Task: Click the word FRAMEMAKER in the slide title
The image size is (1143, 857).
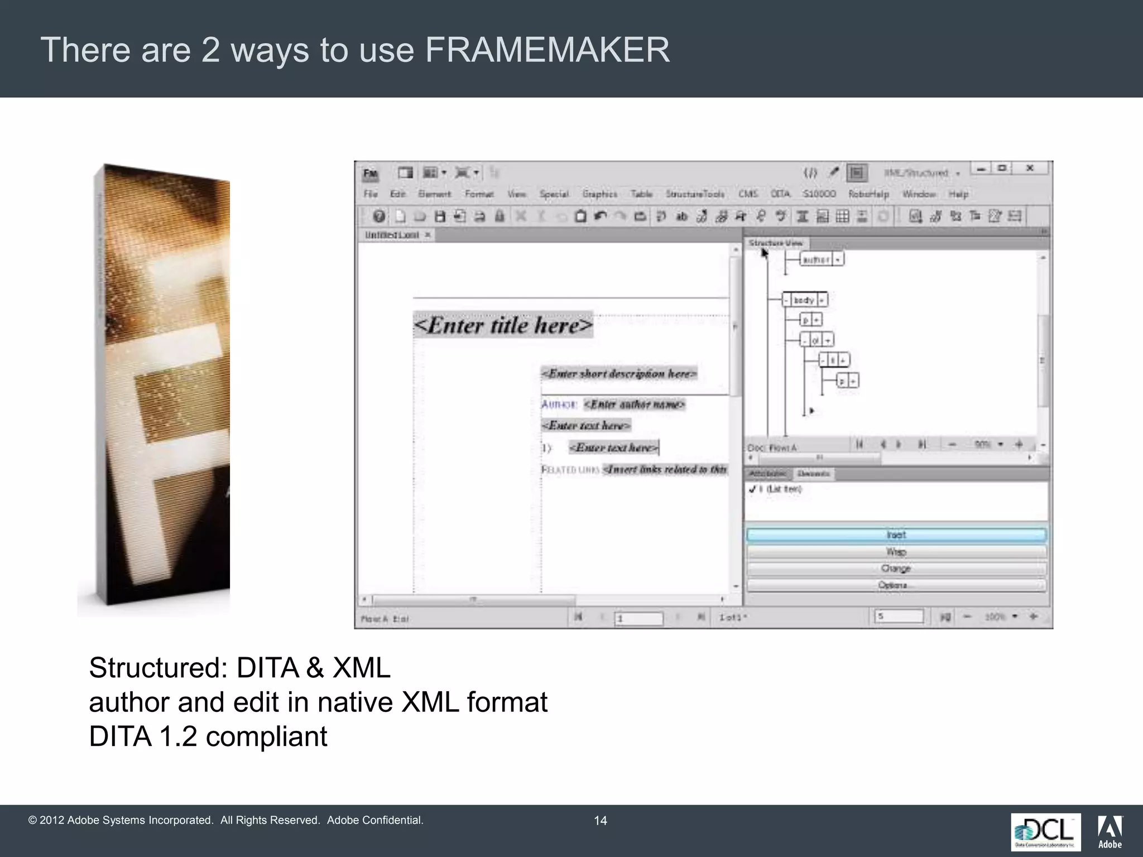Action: pyautogui.click(x=547, y=50)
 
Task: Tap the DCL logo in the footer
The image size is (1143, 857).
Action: pyautogui.click(x=1045, y=831)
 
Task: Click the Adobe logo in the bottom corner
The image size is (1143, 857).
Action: pyautogui.click(x=1110, y=831)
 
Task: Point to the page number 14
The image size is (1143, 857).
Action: pyautogui.click(x=600, y=820)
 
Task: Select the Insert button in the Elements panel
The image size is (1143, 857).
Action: pyautogui.click(x=896, y=535)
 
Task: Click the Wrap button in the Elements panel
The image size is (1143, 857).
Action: pyautogui.click(x=896, y=552)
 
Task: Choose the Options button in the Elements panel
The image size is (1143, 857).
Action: pyautogui.click(x=896, y=585)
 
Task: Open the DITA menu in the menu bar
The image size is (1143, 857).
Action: pyautogui.click(x=780, y=194)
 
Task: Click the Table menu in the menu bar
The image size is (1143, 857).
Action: pyautogui.click(x=641, y=194)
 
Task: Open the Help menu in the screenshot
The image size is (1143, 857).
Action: pyautogui.click(x=958, y=194)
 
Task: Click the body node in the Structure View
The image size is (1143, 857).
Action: pyautogui.click(x=804, y=300)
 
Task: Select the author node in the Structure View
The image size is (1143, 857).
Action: pyautogui.click(x=816, y=259)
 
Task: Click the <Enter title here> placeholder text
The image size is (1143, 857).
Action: pyautogui.click(x=503, y=325)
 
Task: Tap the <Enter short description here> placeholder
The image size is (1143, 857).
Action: pyautogui.click(x=619, y=373)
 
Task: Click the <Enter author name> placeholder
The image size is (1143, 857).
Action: pyautogui.click(x=634, y=404)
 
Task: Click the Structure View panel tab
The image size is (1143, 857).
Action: pyautogui.click(x=776, y=243)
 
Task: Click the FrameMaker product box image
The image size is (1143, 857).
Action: pyautogui.click(x=162, y=385)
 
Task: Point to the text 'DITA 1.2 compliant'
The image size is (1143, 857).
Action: pyautogui.click(x=208, y=736)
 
